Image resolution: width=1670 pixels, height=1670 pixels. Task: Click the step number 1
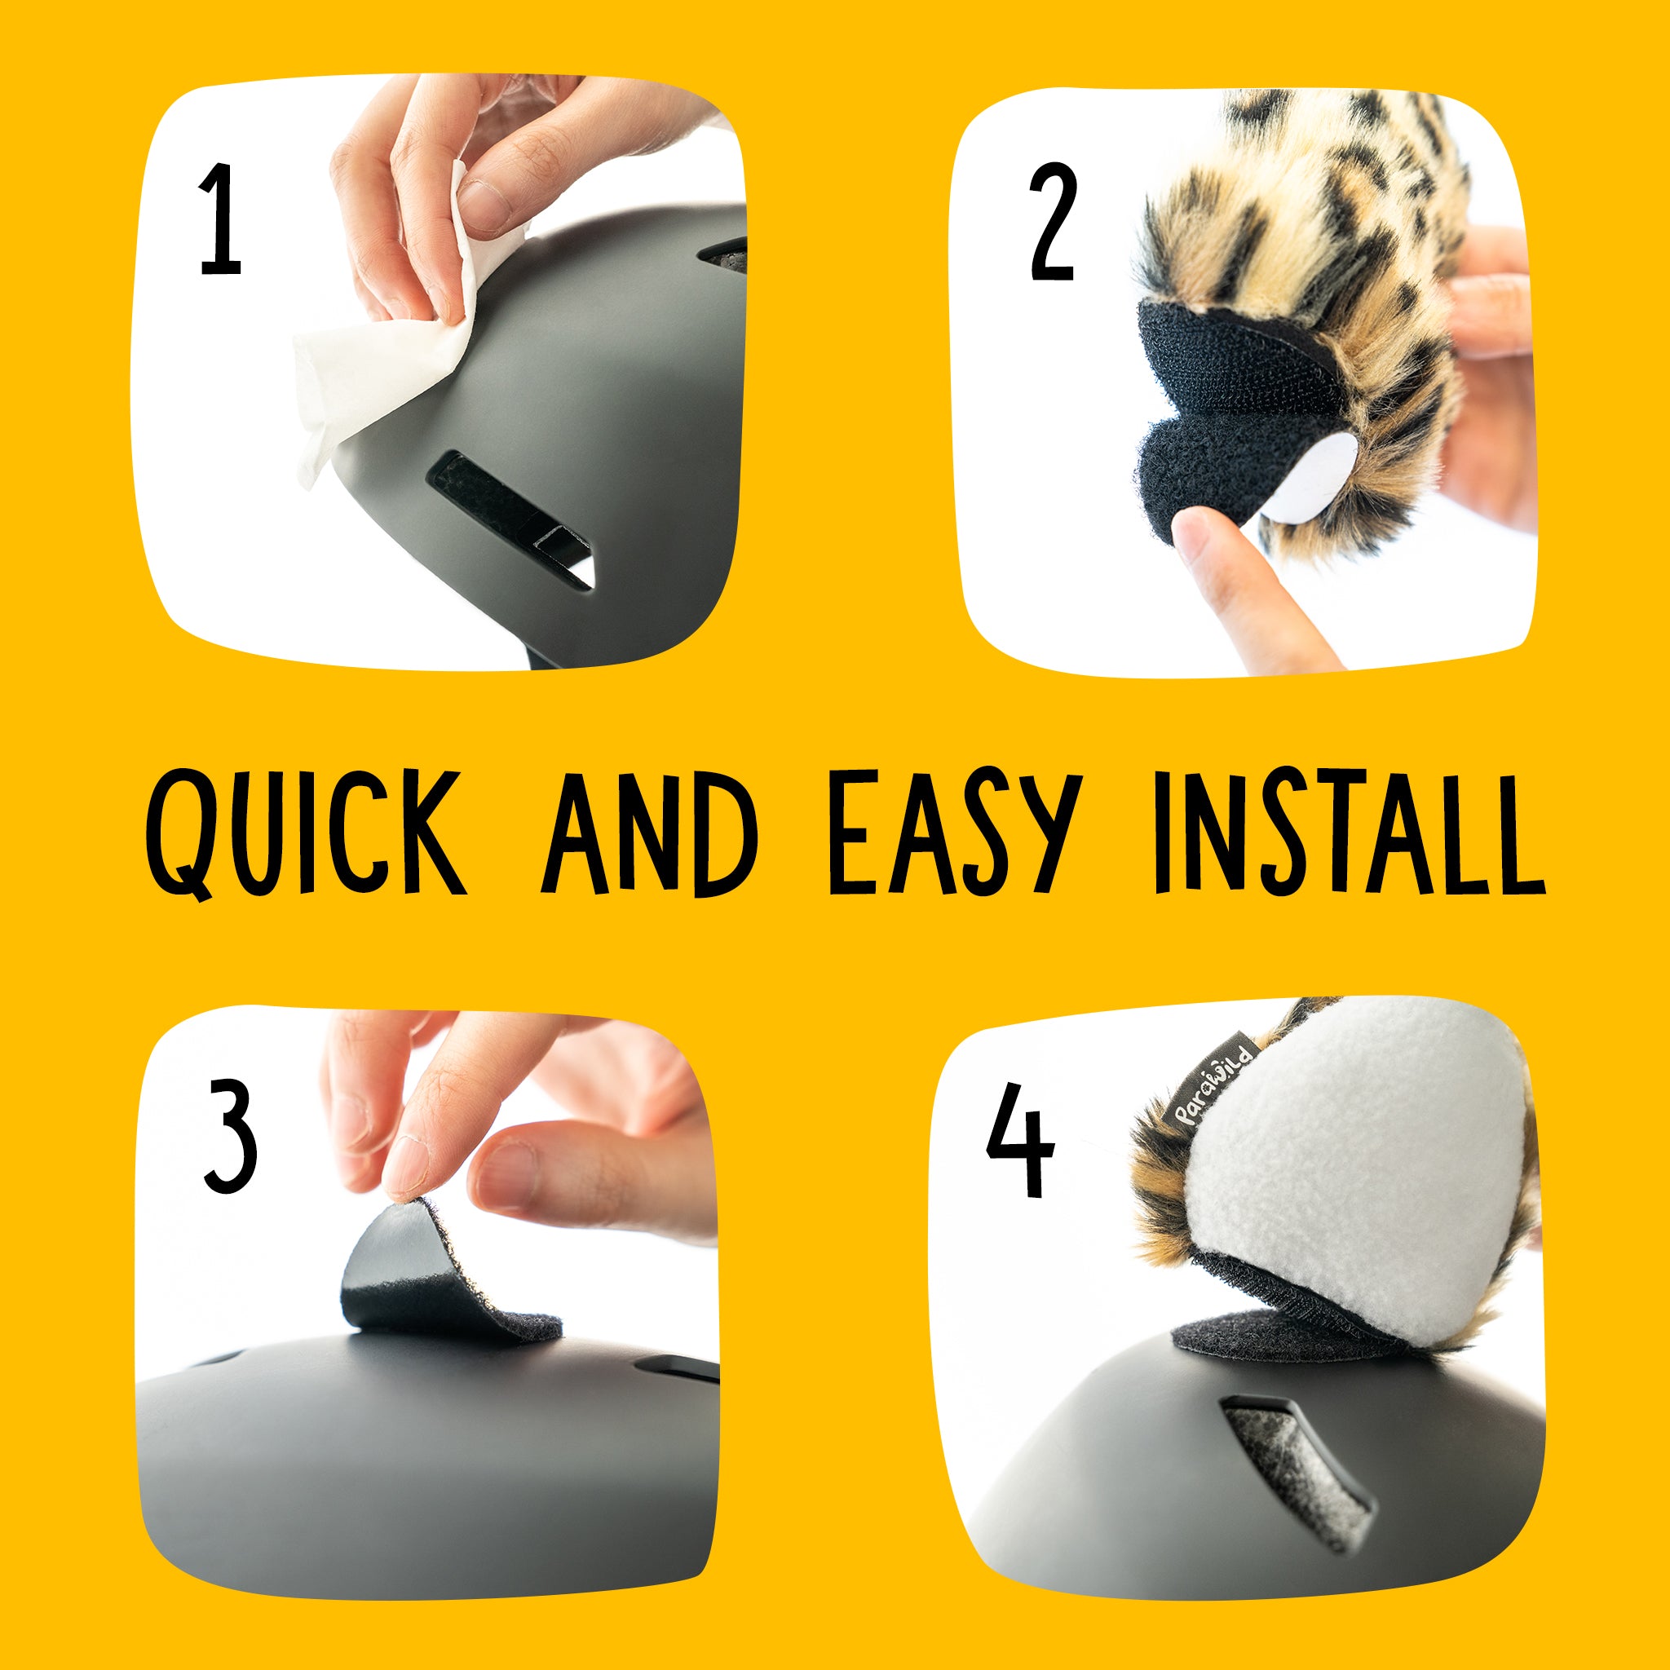(220, 220)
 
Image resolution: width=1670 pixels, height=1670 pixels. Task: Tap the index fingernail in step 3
(405, 1167)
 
